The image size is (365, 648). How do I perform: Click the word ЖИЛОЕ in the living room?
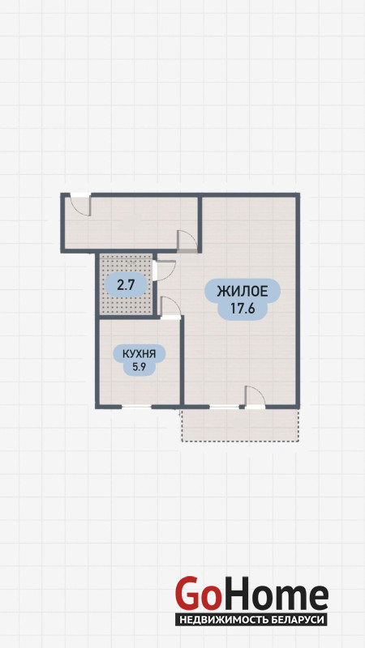243,292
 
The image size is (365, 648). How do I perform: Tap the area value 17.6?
243,309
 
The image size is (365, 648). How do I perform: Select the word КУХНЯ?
139,354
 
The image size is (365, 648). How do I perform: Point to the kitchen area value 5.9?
139,367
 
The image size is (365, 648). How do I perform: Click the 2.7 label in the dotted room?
126,285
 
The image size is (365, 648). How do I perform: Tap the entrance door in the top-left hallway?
80,205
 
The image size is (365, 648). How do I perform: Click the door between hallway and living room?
187,241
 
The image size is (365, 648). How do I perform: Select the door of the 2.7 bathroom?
165,271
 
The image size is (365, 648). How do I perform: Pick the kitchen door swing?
170,308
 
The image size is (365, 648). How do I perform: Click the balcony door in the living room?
255,397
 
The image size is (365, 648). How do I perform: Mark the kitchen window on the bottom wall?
136,407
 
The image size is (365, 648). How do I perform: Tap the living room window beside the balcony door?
225,407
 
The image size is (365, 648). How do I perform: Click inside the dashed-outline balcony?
240,425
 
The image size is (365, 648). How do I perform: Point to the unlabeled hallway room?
131,223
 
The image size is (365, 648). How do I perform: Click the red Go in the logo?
197,593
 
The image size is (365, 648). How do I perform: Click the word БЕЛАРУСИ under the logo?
294,620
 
